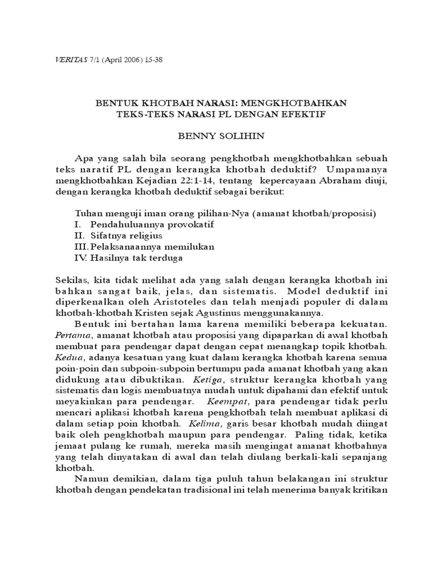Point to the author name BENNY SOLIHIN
point(215,136)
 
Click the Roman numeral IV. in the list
point(81,258)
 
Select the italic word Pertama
point(71,335)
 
